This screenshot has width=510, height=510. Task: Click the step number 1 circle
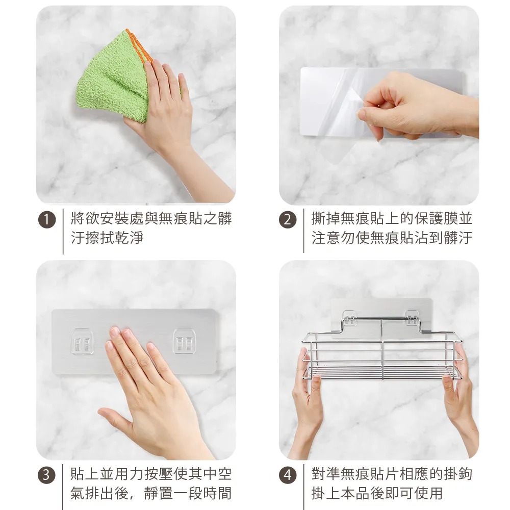[x=47, y=219]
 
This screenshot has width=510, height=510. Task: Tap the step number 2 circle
[x=288, y=219]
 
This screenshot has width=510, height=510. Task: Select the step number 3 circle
[x=47, y=475]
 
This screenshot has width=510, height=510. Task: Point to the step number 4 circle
[x=288, y=475]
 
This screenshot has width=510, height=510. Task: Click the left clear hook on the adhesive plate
[x=82, y=342]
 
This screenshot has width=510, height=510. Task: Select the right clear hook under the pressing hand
[x=185, y=341]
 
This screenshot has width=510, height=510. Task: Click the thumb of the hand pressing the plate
[x=114, y=418]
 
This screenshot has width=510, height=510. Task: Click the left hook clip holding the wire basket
[x=350, y=318]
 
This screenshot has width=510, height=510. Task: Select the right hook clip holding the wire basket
[x=412, y=318]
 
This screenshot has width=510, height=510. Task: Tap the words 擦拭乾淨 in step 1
[x=107, y=238]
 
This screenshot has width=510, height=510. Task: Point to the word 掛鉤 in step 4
[x=457, y=474]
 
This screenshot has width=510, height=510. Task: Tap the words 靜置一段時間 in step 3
[x=188, y=493]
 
